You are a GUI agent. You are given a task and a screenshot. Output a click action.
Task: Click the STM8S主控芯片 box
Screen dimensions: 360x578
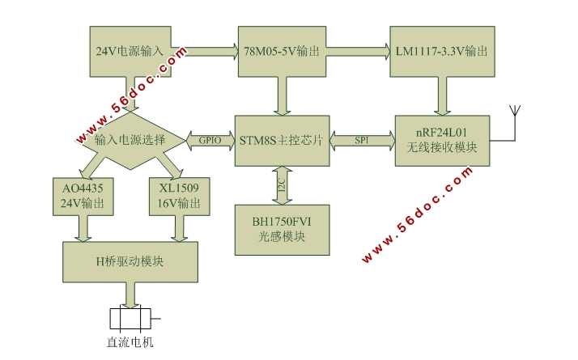pyautogui.click(x=282, y=141)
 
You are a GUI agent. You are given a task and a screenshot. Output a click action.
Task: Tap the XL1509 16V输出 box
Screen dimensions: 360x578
pyautogui.click(x=175, y=195)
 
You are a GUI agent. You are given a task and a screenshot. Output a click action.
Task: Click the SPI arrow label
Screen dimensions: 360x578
pyautogui.click(x=362, y=140)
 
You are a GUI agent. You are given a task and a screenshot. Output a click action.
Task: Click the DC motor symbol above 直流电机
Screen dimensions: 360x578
pyautogui.click(x=130, y=317)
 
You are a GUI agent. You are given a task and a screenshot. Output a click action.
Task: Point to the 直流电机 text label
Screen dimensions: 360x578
pyautogui.click(x=130, y=341)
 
